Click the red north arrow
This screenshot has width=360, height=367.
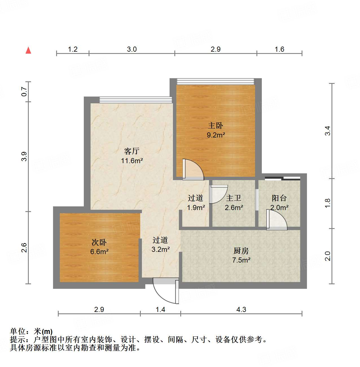pos(28,50)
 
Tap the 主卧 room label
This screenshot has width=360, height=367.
pos(216,125)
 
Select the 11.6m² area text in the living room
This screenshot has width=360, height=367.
pos(132,161)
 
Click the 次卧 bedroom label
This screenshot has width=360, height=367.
pos(99,242)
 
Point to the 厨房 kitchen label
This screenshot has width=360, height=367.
pos(241,251)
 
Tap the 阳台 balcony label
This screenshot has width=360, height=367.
pos(279,198)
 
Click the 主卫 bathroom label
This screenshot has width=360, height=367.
pos(234,198)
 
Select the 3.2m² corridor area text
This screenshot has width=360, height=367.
pos(161,250)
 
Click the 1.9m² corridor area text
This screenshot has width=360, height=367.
pos(196,208)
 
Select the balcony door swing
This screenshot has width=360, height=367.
pos(276,220)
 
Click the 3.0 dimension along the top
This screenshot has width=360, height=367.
pos(132,49)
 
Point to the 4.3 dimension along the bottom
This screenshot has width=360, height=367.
pos(241,310)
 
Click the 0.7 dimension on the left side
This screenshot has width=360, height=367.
pos(25,91)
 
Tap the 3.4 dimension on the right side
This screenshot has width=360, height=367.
pos(327,131)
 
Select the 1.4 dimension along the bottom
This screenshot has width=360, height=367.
pos(160,310)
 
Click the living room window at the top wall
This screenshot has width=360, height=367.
pos(136,99)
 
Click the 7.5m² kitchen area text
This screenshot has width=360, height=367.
pos(241,260)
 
